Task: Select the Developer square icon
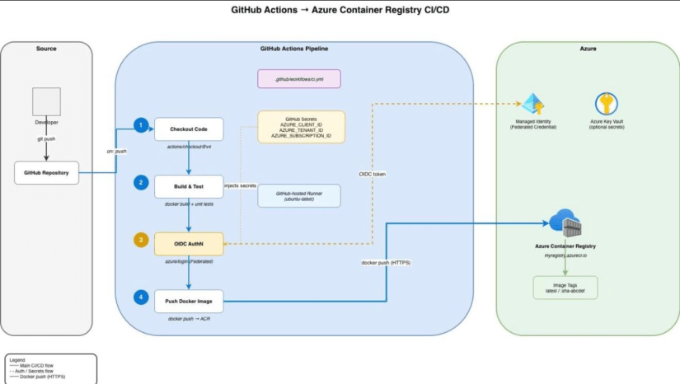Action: click(x=46, y=101)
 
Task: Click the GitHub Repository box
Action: click(x=46, y=174)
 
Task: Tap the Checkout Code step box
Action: click(x=189, y=129)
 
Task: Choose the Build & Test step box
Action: click(x=189, y=185)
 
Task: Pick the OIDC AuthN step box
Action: click(x=189, y=243)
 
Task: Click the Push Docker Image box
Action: click(x=189, y=301)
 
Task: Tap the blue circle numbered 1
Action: click(x=141, y=125)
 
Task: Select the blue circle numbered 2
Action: click(x=141, y=182)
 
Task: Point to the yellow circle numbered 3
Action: click(x=141, y=241)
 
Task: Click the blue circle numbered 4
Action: click(x=141, y=297)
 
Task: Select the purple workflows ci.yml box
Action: click(x=299, y=79)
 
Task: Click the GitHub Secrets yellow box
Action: click(x=301, y=127)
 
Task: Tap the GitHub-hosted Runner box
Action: click(x=299, y=195)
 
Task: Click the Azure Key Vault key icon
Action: click(x=606, y=104)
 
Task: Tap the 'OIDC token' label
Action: click(x=372, y=174)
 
